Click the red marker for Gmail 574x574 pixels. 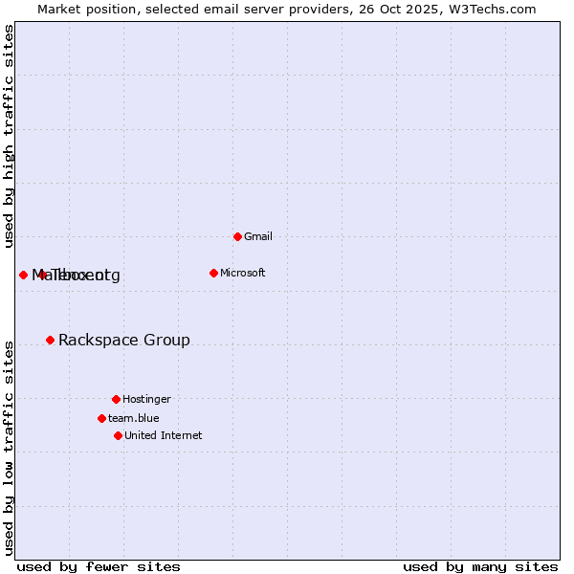[x=237, y=236]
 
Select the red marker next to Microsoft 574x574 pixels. [x=213, y=273]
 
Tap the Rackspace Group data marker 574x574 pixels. [x=50, y=340]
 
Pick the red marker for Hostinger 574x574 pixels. [x=116, y=399]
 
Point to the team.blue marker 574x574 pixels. [x=101, y=418]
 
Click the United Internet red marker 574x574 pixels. [x=118, y=435]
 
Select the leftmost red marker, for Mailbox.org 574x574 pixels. [x=23, y=275]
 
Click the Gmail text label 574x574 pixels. [x=258, y=236]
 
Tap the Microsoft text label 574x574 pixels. [x=242, y=273]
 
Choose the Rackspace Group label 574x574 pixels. [x=123, y=340]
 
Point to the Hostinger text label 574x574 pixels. [x=146, y=399]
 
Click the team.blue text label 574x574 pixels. [x=133, y=418]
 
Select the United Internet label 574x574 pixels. [x=163, y=435]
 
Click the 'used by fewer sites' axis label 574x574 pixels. [x=99, y=566]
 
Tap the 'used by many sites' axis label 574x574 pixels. [x=480, y=566]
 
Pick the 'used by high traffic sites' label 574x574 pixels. [x=9, y=136]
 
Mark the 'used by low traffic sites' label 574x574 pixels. [x=9, y=448]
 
